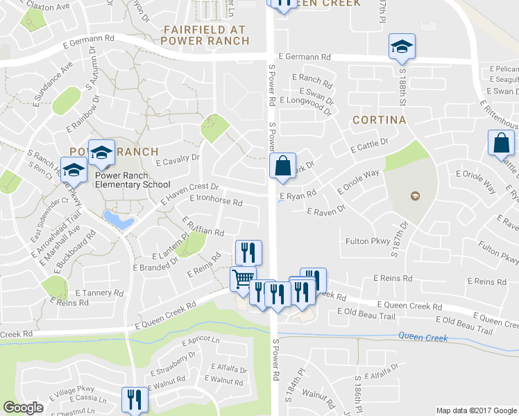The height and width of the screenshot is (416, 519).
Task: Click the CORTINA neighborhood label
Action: point(378,120)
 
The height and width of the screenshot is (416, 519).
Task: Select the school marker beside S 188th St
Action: point(402,46)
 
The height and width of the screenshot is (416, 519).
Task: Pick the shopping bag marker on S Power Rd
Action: point(282,166)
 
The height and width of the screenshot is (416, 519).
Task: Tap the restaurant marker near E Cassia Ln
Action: point(135,399)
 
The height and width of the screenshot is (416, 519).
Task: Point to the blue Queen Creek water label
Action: point(423,338)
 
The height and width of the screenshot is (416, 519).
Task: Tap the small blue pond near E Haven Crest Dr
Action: point(118,220)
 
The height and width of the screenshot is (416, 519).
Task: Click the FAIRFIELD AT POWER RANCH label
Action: point(205,35)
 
